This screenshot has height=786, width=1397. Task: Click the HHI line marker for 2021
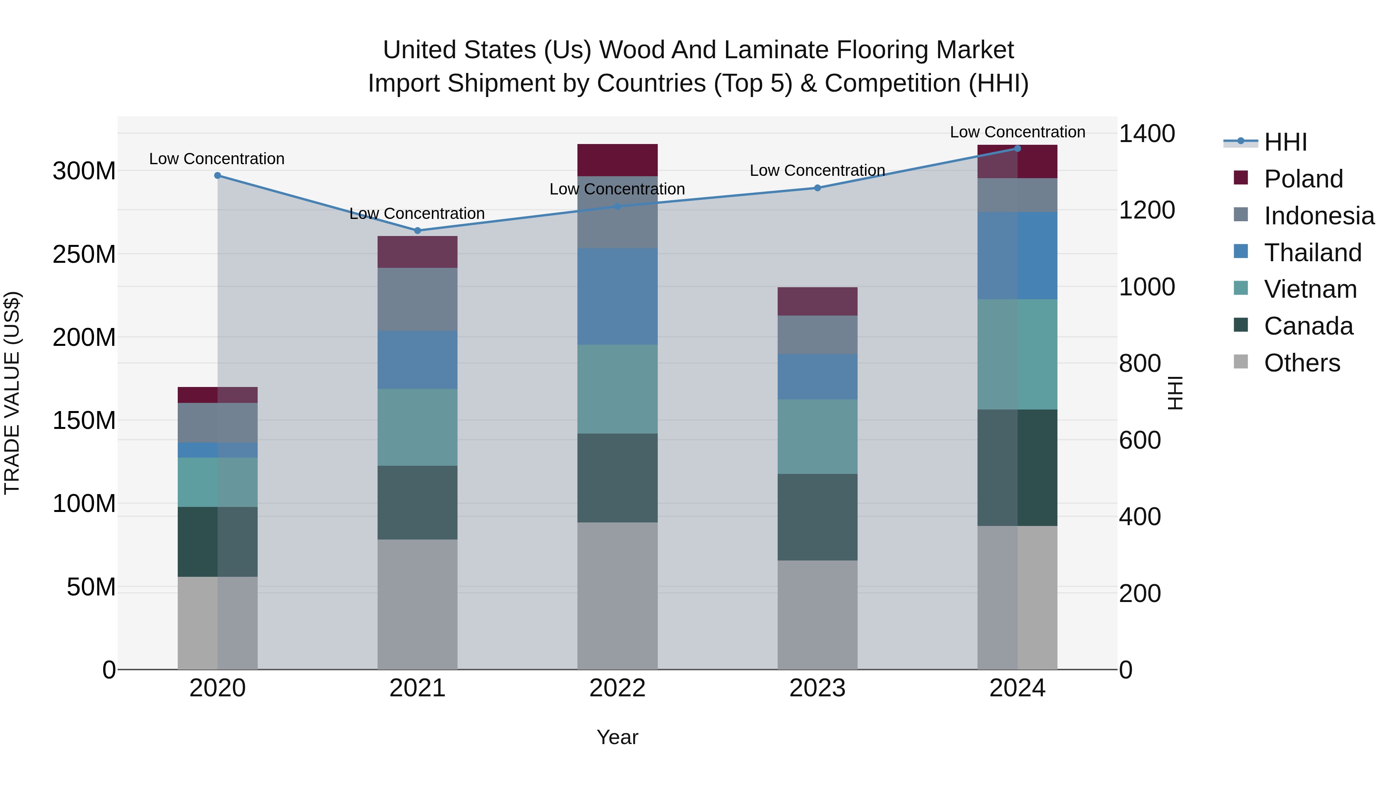(417, 231)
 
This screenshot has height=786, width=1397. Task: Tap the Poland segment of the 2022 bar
(617, 160)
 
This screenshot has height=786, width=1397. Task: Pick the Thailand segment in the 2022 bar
(617, 296)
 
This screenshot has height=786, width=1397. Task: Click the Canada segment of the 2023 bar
(817, 517)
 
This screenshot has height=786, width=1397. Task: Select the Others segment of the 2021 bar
(417, 604)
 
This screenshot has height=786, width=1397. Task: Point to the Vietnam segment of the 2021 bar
(417, 427)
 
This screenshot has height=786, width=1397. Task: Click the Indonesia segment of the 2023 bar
(817, 335)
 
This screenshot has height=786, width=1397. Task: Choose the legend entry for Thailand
(1312, 253)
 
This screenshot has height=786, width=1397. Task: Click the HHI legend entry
(1285, 142)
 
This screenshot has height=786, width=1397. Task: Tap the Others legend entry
(1301, 363)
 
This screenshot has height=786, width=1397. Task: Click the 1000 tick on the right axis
(1146, 287)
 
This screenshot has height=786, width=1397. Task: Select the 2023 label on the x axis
(817, 688)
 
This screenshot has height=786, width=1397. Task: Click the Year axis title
(617, 737)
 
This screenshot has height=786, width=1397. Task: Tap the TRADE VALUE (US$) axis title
(12, 393)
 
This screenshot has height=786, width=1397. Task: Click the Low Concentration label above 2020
(217, 159)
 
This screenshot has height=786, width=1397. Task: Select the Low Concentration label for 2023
(817, 170)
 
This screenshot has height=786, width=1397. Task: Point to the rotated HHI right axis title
(1175, 393)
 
